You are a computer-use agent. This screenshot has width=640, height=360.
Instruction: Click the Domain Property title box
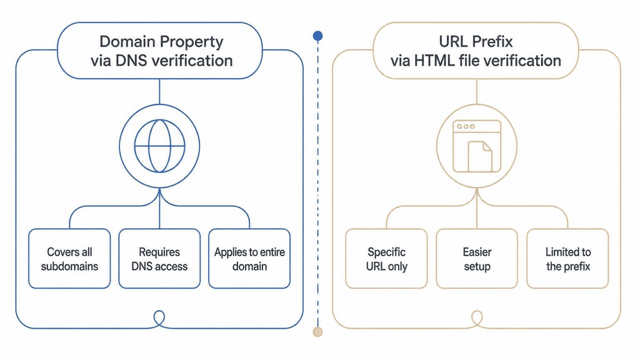coord(159,51)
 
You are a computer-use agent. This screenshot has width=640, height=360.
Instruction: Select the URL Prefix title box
coord(476,51)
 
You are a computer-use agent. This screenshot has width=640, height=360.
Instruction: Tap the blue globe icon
coord(159,146)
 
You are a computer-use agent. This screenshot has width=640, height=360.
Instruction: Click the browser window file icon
coord(477,146)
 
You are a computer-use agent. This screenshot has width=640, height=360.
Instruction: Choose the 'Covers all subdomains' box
coord(69,259)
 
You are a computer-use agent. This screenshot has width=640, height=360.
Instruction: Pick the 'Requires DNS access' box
coord(159,259)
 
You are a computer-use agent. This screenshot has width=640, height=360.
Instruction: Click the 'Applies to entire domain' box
coord(249,259)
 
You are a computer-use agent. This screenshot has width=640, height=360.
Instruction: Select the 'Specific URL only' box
coord(386,259)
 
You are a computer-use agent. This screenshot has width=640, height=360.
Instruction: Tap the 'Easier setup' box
coord(477,259)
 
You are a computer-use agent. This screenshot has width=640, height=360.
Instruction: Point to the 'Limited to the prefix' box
coord(567,259)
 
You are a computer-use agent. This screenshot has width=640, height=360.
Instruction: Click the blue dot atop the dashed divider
coord(318,36)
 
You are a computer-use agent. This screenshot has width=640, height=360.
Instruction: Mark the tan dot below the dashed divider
coord(317,332)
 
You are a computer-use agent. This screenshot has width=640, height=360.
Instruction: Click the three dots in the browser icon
coord(466,126)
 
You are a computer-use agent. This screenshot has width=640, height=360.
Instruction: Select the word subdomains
coord(70,266)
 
